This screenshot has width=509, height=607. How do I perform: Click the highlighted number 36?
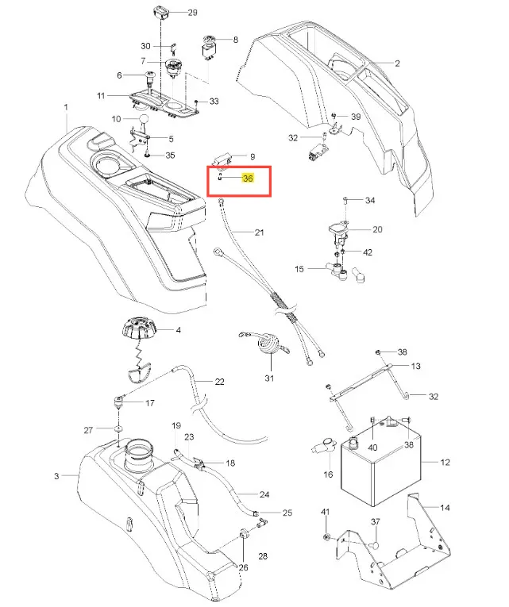click(x=248, y=179)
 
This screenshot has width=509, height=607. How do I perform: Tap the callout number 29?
click(x=192, y=13)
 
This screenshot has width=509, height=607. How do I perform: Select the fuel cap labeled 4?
click(x=138, y=328)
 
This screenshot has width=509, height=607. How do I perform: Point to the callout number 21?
click(x=259, y=232)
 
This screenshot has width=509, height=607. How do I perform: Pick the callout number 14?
click(x=445, y=507)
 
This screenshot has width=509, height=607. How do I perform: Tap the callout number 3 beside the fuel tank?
click(x=56, y=476)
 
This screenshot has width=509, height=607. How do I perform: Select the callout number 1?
click(x=67, y=107)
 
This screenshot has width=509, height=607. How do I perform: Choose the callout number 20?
click(x=377, y=229)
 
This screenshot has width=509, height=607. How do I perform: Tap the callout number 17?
click(x=149, y=403)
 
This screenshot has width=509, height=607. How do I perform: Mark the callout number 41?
click(x=325, y=512)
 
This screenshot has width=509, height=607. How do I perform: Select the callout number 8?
click(x=234, y=39)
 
